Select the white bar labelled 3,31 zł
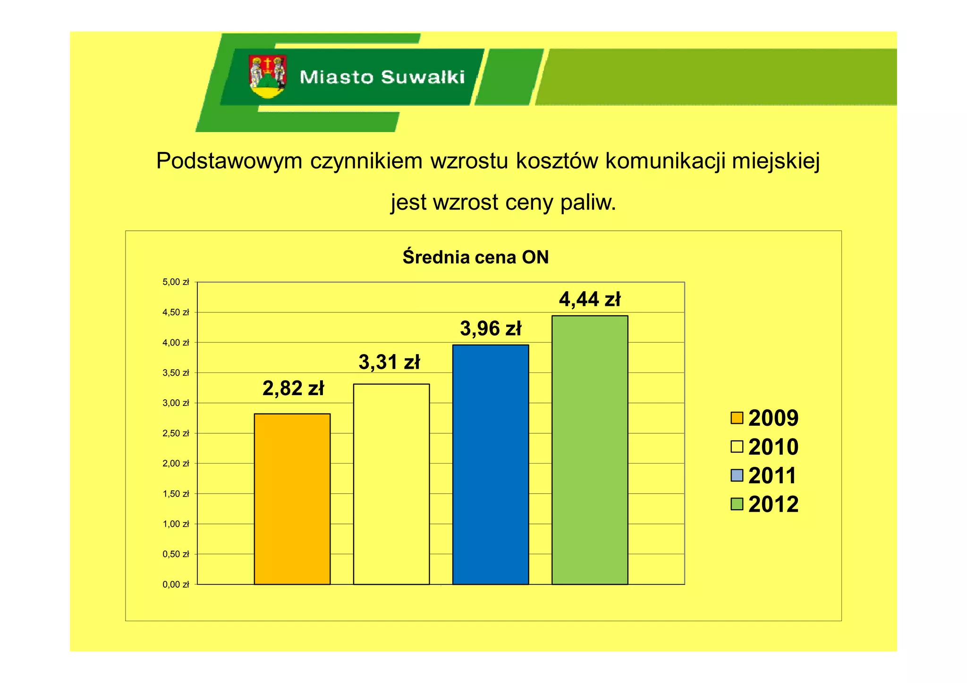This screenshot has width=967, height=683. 391,484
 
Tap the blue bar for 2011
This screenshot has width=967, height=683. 490,464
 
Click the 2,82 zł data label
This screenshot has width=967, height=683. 293,388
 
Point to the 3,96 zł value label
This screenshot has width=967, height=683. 491,329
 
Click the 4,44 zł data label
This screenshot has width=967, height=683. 590,299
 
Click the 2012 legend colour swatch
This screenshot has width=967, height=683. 737,504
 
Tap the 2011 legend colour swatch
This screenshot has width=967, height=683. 737,475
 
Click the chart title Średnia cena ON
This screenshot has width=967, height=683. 475,257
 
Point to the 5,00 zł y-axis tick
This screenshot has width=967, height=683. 176,282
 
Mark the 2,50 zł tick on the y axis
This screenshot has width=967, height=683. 176,433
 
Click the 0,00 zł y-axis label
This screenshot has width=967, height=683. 176,584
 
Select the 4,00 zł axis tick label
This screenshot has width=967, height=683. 176,343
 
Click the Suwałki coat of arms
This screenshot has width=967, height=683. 268,76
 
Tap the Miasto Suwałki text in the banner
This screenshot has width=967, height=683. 382,77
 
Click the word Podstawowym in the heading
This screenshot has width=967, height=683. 229,161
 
